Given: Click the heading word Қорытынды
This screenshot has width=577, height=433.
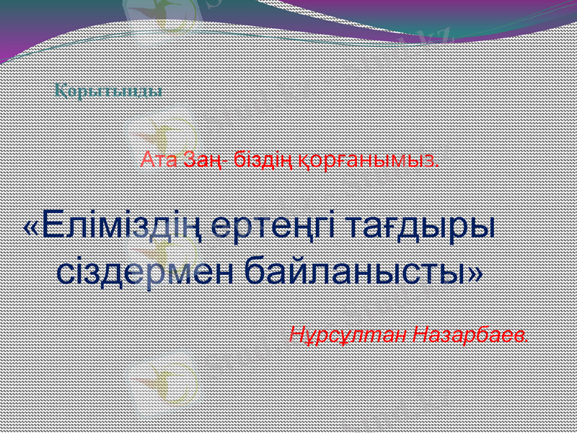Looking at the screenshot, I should (108, 92).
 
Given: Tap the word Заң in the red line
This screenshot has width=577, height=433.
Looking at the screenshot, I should (200, 159).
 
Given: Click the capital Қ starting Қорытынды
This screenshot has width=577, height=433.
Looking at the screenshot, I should (61, 92).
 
